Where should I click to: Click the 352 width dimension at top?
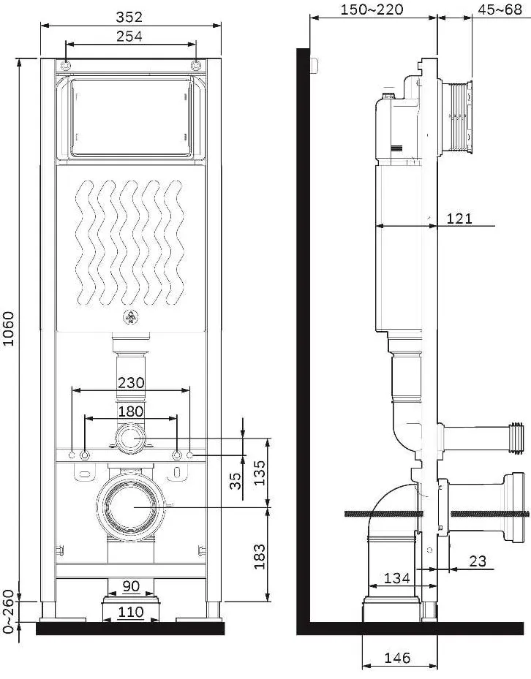(x=129, y=17)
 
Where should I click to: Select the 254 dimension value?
(x=129, y=37)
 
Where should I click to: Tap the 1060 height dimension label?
(x=9, y=328)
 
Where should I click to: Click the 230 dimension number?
(x=132, y=382)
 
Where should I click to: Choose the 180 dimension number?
(x=130, y=411)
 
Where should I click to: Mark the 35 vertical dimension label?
(x=235, y=480)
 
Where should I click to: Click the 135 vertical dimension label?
(x=259, y=473)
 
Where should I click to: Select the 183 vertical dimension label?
(x=259, y=556)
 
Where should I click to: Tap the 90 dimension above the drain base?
(x=131, y=586)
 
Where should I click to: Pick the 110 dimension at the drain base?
(x=131, y=612)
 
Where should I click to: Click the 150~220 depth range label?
(x=372, y=9)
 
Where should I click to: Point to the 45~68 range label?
(x=500, y=9)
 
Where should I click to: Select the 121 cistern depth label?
(x=459, y=219)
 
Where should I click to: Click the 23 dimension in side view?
(x=478, y=561)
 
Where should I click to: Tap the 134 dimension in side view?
(x=397, y=577)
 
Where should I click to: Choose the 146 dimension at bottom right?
(x=397, y=659)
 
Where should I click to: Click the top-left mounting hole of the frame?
(x=65, y=66)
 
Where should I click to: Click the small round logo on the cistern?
(x=130, y=317)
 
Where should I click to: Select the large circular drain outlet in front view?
(x=130, y=507)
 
